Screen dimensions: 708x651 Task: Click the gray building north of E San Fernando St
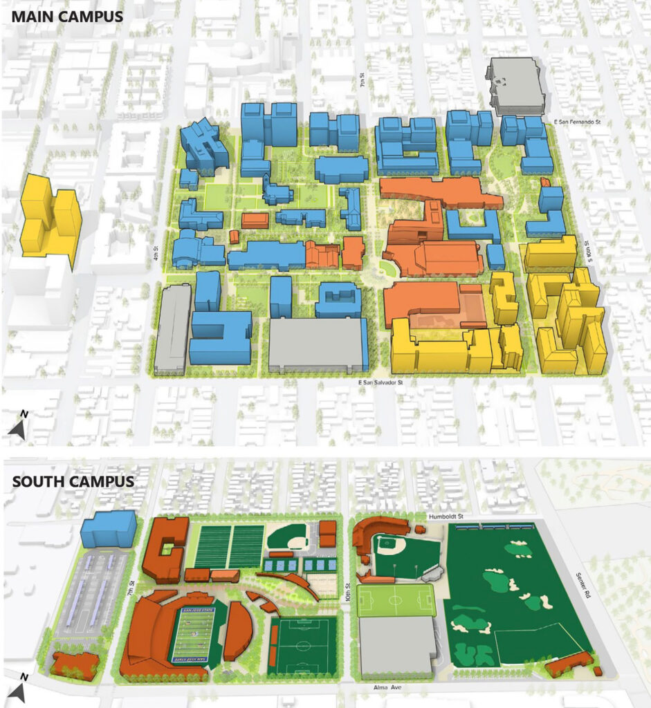pos(516,84)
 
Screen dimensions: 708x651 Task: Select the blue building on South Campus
pos(108,529)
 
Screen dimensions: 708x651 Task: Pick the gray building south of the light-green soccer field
pos(396,645)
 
